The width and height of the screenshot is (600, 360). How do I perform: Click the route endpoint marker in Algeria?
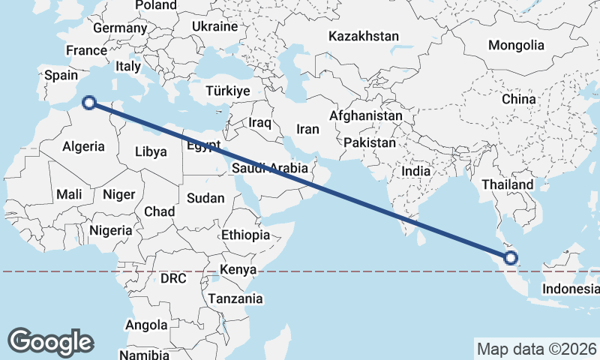(x=89, y=103)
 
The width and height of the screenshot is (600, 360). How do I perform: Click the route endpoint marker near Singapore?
(x=511, y=258)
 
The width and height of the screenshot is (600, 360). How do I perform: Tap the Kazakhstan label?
(x=364, y=36)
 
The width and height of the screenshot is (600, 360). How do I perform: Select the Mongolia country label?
(x=516, y=45)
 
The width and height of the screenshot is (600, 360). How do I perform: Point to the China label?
(x=519, y=99)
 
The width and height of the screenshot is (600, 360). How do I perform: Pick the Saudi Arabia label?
(x=270, y=168)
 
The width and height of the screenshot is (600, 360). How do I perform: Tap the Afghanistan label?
(x=366, y=116)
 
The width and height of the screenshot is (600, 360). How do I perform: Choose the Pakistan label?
(x=370, y=142)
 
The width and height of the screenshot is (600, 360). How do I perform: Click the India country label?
(x=416, y=171)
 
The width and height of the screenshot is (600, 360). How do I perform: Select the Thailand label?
(x=508, y=184)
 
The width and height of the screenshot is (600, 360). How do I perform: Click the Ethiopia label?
(x=245, y=235)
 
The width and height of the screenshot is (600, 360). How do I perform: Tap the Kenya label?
(x=238, y=270)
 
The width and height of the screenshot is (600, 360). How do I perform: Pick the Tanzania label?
(x=236, y=298)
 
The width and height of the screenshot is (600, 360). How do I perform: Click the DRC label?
(x=173, y=278)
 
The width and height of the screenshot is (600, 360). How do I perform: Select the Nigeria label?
(x=110, y=230)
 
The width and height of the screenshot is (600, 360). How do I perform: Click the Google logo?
(x=50, y=341)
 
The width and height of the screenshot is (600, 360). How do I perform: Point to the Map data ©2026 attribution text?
(x=536, y=349)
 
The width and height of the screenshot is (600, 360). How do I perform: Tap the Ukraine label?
(x=214, y=26)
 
